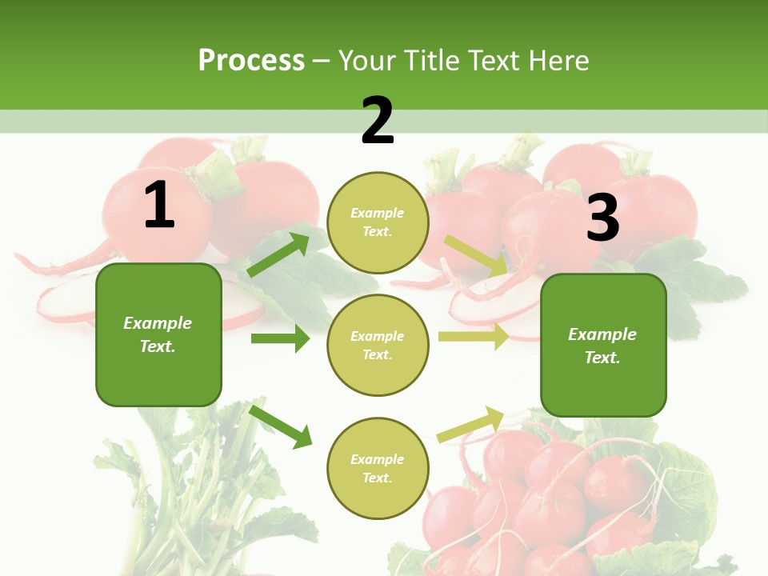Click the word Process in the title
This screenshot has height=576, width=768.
[251, 61]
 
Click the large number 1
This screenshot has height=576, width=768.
[159, 206]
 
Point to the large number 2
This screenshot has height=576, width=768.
[378, 121]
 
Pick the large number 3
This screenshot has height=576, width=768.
[602, 218]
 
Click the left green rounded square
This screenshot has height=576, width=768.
[158, 334]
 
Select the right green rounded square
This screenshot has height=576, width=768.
[603, 345]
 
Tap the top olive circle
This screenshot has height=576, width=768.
[378, 222]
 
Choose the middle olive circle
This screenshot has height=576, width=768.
[378, 345]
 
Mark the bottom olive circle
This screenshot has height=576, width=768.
[378, 468]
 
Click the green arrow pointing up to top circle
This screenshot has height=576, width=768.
[278, 255]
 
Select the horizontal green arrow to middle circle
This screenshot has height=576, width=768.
[280, 338]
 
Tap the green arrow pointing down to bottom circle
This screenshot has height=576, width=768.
[280, 426]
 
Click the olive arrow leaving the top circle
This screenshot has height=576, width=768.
[475, 254]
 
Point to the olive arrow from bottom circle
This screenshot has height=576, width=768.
[470, 424]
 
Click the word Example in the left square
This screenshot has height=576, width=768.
[158, 323]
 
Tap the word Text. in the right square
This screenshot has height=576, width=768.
[602, 358]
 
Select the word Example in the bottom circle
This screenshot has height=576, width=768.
[378, 459]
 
